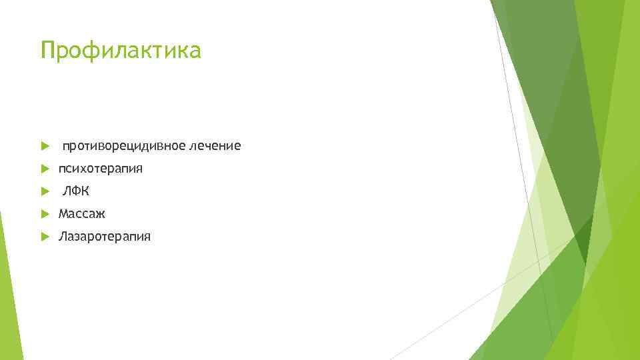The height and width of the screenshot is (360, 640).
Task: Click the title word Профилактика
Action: click(120, 51)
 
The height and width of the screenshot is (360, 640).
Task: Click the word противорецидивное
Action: click(123, 145)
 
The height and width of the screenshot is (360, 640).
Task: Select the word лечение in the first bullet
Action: click(215, 145)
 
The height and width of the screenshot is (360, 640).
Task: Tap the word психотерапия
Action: click(101, 169)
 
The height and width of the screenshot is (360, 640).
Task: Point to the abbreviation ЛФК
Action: click(76, 191)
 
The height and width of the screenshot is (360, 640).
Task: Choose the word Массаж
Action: click(82, 214)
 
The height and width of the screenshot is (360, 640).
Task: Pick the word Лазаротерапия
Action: click(105, 237)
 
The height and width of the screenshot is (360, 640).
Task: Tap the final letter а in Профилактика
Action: click(194, 52)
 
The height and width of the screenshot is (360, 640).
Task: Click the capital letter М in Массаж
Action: click(64, 214)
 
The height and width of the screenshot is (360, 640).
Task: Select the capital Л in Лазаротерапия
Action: click(63, 237)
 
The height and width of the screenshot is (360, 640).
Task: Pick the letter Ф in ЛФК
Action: click(76, 191)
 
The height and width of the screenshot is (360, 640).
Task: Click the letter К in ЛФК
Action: click(85, 191)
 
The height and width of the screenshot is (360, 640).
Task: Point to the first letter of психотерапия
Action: click(62, 169)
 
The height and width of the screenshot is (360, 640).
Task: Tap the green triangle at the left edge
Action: click(8, 293)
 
